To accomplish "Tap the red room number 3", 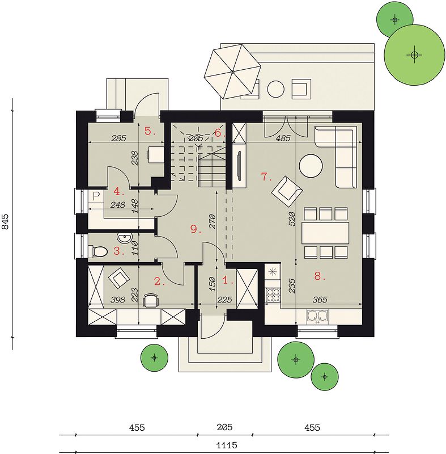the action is pyautogui.click(x=117, y=251).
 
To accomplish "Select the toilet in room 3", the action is pyautogui.click(x=98, y=251).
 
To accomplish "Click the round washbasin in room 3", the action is pyautogui.click(x=124, y=238).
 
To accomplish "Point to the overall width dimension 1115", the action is pyautogui.click(x=227, y=445).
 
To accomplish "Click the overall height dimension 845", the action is pyautogui.click(x=5, y=221).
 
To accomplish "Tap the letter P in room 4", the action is pyautogui.click(x=96, y=196).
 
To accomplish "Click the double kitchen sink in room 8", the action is pyautogui.click(x=317, y=317).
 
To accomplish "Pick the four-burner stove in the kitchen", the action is pyautogui.click(x=273, y=295).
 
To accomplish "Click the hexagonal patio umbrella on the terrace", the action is pyautogui.click(x=232, y=72).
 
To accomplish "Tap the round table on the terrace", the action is pyautogui.click(x=276, y=89).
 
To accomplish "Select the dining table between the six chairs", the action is pyautogui.click(x=325, y=233).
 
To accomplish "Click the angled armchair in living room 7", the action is pyautogui.click(x=287, y=191).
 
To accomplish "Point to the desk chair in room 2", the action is pyautogui.click(x=151, y=300).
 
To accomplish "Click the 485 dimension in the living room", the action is pyautogui.click(x=283, y=138).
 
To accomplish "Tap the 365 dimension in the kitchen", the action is pyautogui.click(x=320, y=300).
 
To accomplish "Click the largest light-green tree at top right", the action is pyautogui.click(x=414, y=54).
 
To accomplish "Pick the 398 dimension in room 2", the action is pyautogui.click(x=118, y=300).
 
